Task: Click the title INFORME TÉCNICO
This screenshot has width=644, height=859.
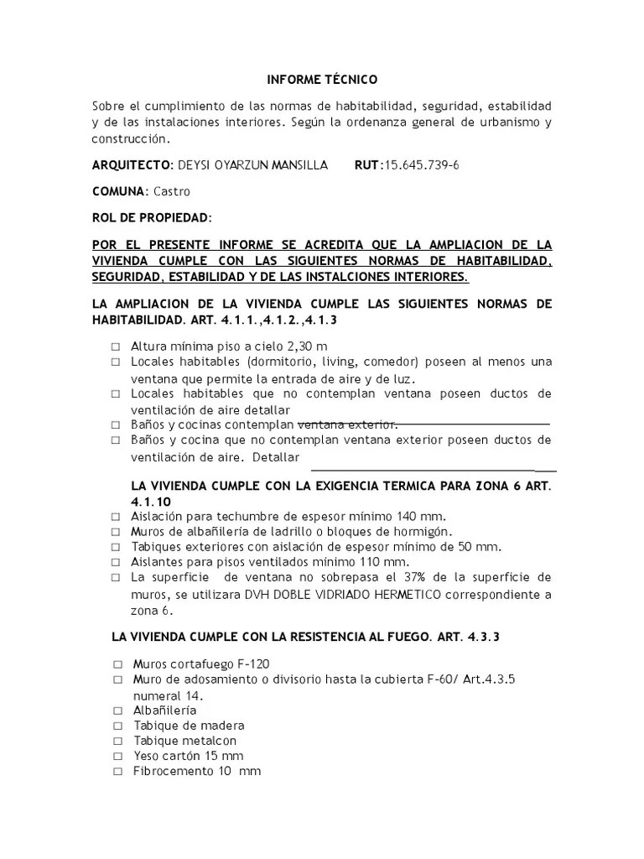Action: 322,80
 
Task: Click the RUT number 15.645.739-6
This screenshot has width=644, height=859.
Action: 420,164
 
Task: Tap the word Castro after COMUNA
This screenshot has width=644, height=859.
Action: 172,191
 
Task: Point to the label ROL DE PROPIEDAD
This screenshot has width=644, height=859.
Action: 151,218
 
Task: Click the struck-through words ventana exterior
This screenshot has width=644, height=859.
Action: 348,424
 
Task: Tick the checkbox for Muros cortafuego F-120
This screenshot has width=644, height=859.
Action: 118,664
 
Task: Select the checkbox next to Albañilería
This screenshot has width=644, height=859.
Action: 118,711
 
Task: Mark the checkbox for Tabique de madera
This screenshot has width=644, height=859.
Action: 118,726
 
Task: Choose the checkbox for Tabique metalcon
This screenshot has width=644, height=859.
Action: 118,741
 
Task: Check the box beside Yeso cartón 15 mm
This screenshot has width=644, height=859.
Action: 118,756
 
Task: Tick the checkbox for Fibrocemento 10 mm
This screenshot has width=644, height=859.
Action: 118,771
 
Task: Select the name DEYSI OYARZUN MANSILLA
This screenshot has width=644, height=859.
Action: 237,164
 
